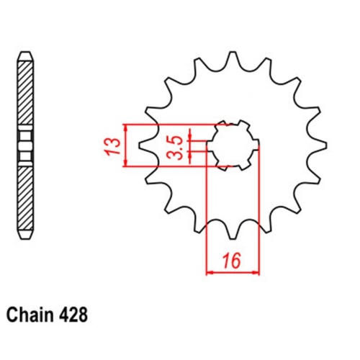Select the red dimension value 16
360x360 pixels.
(x=232, y=261)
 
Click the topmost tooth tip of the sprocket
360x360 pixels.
(x=233, y=55)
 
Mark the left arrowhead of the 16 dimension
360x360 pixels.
(x=210, y=273)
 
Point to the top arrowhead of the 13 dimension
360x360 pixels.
(x=127, y=127)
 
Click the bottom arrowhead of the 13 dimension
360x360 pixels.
(x=127, y=164)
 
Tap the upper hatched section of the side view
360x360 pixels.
(x=26, y=90)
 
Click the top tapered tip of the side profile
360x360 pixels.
(x=26, y=56)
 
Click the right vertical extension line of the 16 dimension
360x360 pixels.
(x=258, y=209)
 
